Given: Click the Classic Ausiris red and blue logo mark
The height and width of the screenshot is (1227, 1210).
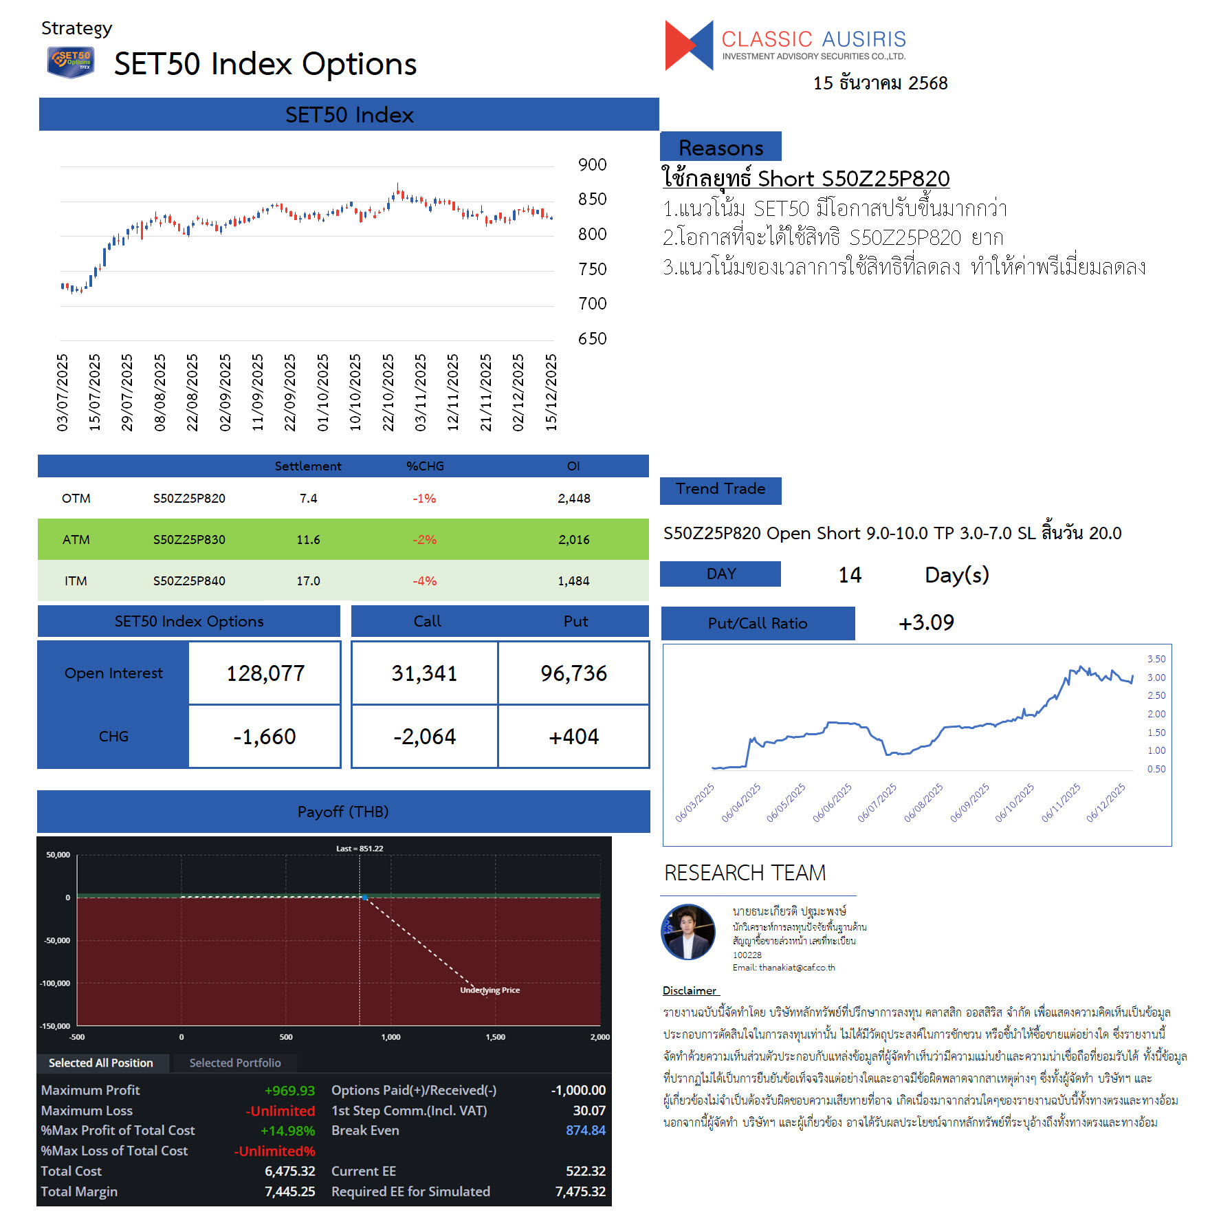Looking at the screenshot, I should (689, 45).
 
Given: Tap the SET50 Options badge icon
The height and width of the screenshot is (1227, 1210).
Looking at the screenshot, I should (70, 62).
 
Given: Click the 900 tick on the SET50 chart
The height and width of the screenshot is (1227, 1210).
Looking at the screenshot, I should (592, 165).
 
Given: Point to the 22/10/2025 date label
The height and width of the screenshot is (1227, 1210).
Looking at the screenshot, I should (388, 392).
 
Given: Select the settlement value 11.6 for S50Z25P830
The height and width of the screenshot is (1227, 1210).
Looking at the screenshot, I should (308, 540).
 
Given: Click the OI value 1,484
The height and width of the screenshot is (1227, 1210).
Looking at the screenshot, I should (573, 581).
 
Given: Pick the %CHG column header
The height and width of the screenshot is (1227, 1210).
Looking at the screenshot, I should (425, 466).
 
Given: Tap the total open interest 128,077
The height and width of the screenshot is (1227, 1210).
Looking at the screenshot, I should (265, 673).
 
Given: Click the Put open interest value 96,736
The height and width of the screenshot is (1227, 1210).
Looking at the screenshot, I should (573, 673).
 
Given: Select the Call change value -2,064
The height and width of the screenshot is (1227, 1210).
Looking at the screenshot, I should (424, 737).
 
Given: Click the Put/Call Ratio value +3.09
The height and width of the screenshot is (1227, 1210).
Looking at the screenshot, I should (926, 623).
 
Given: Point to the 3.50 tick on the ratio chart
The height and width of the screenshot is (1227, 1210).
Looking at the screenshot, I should (1156, 659).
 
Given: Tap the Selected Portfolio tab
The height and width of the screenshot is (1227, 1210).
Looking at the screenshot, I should (235, 1063).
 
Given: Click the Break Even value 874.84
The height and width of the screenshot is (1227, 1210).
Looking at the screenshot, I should (586, 1131).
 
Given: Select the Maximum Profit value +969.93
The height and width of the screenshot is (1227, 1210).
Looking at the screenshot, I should (289, 1091).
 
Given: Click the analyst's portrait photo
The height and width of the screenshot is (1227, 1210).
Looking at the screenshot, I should (688, 932).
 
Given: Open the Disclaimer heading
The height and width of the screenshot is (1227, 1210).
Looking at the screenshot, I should (690, 990).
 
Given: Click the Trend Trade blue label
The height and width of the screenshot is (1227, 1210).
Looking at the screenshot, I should (720, 490).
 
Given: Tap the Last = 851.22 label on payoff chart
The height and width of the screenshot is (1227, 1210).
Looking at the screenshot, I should (360, 849).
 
